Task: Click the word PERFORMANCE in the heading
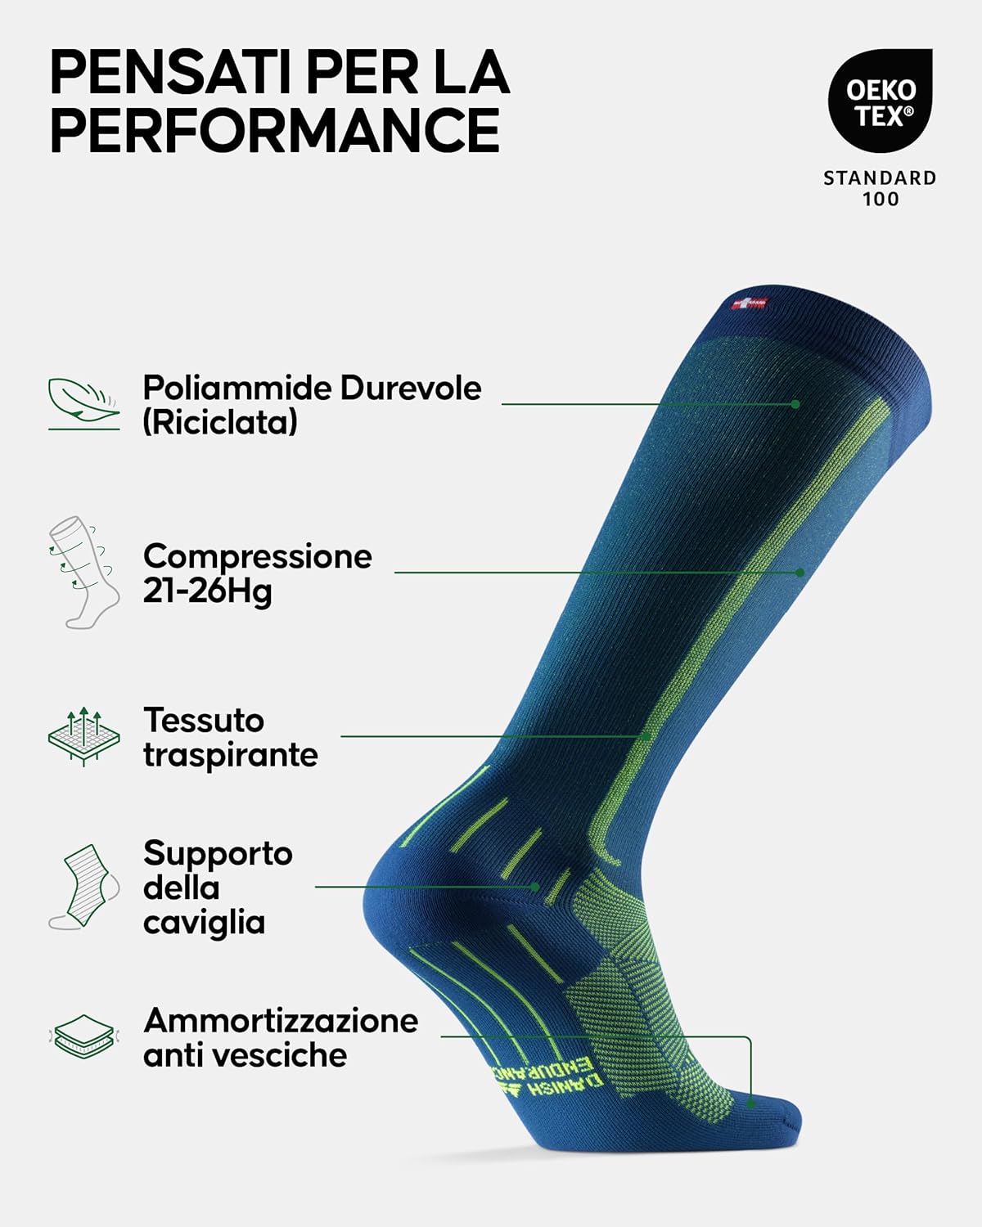[x=275, y=129]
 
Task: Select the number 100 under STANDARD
[x=881, y=199]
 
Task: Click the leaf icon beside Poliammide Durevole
[x=83, y=403]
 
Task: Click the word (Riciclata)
[x=220, y=423]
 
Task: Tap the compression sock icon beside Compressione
[x=83, y=573]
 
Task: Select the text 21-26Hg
[x=207, y=591]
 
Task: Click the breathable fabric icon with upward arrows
[x=83, y=737]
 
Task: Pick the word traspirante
[x=231, y=756]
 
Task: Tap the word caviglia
[x=204, y=923]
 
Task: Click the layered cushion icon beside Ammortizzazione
[x=83, y=1036]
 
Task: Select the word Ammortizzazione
[x=281, y=1021]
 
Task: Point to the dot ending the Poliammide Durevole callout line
[x=795, y=404]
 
